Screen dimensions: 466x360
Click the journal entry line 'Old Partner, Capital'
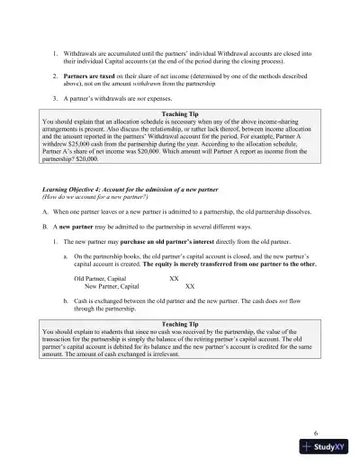point(98,280)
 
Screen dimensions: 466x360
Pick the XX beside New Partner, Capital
point(189,287)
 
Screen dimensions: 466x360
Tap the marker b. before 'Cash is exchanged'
point(65,301)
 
